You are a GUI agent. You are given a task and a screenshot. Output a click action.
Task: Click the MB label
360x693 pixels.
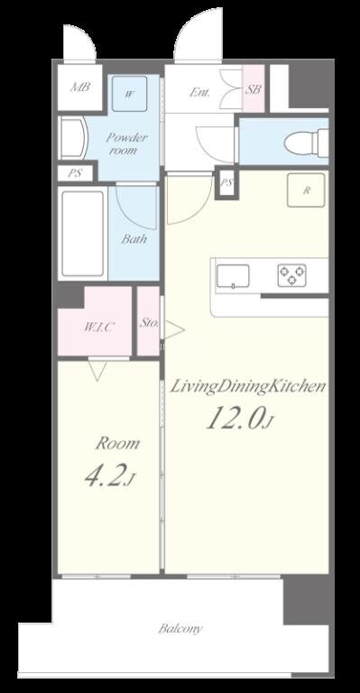pos(80,87)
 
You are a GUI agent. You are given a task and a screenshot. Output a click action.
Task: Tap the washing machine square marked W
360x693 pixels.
pos(129,94)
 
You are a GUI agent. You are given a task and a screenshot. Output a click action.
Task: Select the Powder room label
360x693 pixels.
pos(127,143)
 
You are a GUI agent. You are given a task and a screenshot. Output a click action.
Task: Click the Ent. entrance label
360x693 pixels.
pos(199,92)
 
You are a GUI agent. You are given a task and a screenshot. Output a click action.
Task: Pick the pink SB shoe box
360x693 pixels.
pos(254,88)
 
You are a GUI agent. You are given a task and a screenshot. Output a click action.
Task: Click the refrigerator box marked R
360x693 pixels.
pos(306,190)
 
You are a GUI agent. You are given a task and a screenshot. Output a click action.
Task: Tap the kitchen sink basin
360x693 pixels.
pos(233,277)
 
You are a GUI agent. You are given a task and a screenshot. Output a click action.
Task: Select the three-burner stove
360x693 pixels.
pos(292,275)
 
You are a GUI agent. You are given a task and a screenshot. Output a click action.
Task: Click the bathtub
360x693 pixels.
pos(83,234)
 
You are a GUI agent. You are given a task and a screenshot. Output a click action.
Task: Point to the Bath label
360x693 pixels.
pos(134,239)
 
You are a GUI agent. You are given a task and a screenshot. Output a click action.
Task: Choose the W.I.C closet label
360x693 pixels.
pos(99,328)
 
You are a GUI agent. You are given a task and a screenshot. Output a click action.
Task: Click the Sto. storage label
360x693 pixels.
pos(149,322)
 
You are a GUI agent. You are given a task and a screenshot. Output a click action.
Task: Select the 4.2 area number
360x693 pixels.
pos(108,476)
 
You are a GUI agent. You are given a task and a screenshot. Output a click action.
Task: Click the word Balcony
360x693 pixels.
pos(180,628)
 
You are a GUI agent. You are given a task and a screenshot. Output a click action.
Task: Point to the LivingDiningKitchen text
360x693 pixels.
pos(248,387)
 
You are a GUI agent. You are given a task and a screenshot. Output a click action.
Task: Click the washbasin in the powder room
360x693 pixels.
pos(73,137)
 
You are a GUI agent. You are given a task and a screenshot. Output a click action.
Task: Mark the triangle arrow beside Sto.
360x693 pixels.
pos(174,329)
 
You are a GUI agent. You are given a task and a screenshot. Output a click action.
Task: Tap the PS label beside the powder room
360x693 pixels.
pos(75,173)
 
